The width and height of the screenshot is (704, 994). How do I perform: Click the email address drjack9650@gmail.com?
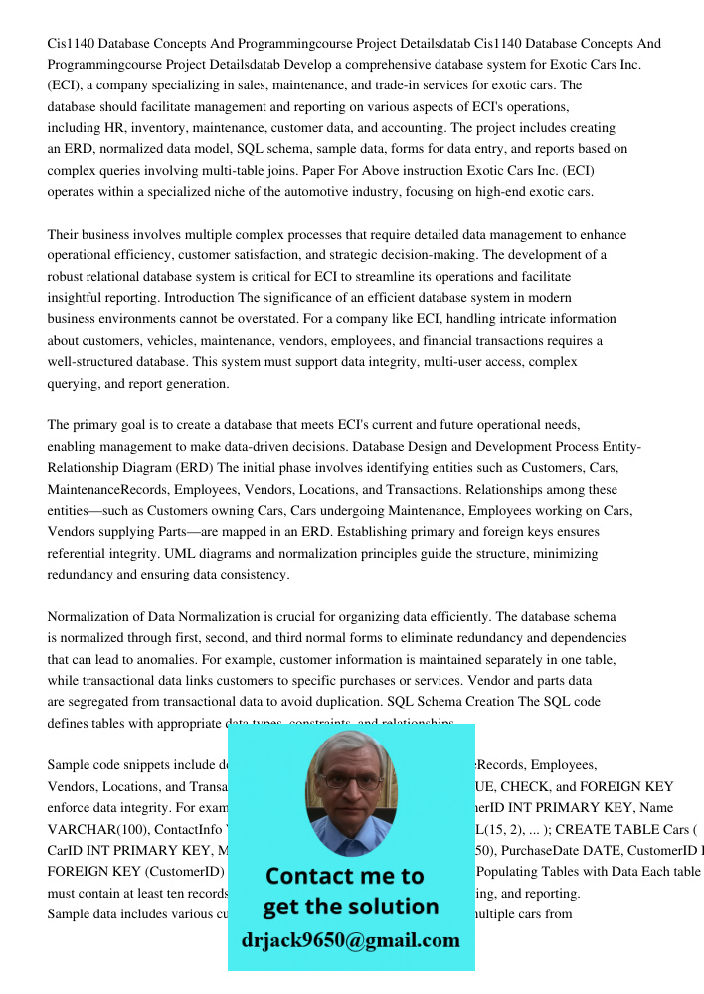coord(350,940)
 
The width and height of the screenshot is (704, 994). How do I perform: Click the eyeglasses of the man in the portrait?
coord(350,782)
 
